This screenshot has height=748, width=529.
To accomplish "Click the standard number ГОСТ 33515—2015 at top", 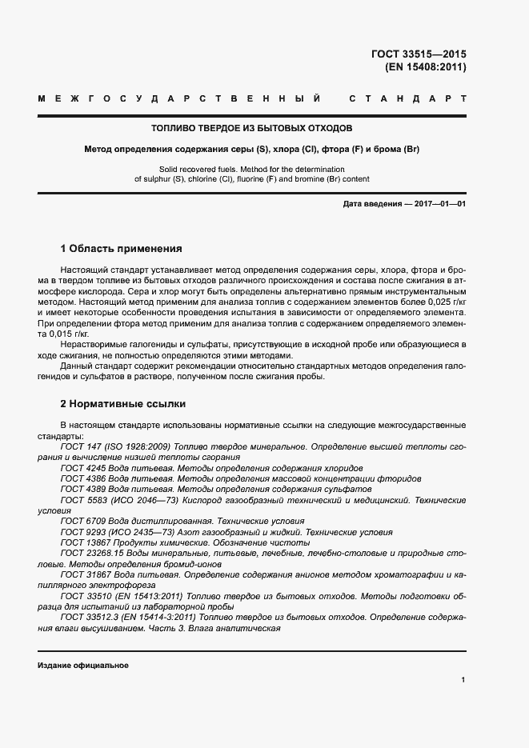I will pos(419,54).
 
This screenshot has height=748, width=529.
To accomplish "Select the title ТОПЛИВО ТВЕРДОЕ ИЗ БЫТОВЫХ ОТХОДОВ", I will pos(252,128).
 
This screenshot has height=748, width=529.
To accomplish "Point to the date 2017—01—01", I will pos(439,205).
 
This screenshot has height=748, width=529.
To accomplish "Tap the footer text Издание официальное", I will pos(82,666).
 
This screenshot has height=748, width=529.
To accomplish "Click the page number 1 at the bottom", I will pos(463,679).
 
